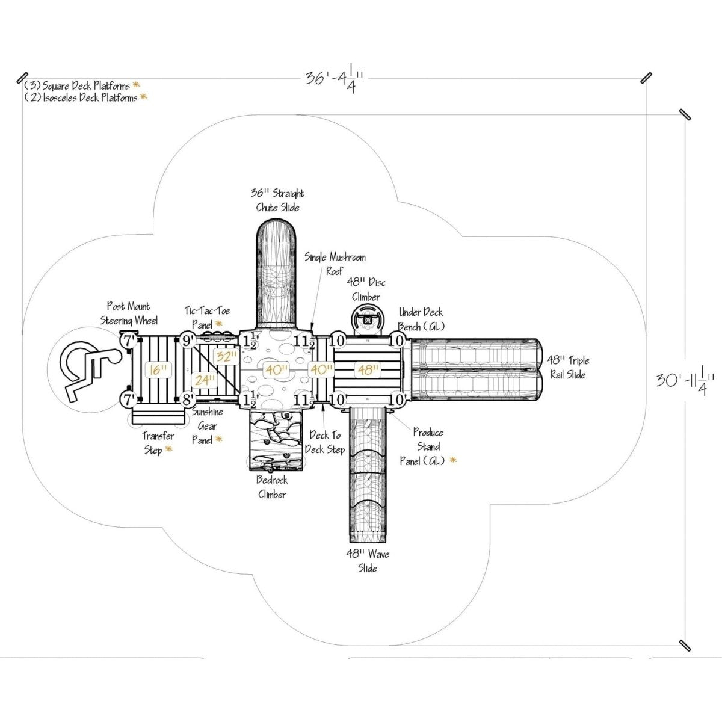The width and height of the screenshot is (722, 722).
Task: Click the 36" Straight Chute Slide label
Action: tap(277, 200)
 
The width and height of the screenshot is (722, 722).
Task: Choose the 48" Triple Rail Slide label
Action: tap(567, 367)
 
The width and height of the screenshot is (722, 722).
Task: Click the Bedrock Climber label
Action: tap(272, 487)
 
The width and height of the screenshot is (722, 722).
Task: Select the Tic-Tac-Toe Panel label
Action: tap(207, 318)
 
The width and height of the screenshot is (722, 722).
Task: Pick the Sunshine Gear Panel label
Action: tap(207, 426)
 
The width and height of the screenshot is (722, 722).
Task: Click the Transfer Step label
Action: tap(158, 442)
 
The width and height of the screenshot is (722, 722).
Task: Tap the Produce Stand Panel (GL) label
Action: tap(428, 446)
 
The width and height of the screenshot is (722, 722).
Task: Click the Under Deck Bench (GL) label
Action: tap(421, 319)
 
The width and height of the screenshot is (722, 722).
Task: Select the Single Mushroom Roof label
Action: tap(335, 264)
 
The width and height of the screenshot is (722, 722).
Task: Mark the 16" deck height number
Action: tap(156, 369)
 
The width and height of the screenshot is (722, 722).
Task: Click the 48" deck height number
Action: tap(366, 369)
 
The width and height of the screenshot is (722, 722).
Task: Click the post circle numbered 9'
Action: tap(187, 341)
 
